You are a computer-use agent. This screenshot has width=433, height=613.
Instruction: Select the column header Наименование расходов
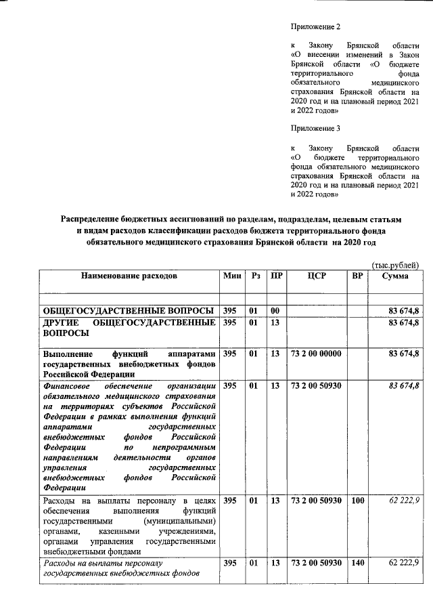pos(129,276)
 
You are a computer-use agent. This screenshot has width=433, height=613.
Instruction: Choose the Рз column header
pos(254,276)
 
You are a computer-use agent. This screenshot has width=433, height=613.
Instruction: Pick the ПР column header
pos(275,276)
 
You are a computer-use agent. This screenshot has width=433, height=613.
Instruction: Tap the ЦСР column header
pos(317,276)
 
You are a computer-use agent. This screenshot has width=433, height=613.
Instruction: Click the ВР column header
pos(358,276)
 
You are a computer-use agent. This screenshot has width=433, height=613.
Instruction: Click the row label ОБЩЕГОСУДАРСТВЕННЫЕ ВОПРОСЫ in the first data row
pos(129,310)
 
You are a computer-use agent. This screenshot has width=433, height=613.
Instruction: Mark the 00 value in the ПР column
pos(275,310)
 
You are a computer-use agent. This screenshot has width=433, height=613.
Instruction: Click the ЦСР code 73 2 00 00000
pos(317,354)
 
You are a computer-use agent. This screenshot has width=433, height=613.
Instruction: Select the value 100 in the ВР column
pos(358,501)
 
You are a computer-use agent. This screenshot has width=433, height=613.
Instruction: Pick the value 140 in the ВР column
pos(358,563)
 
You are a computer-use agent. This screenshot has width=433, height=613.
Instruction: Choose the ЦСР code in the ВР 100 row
pos(317,501)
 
